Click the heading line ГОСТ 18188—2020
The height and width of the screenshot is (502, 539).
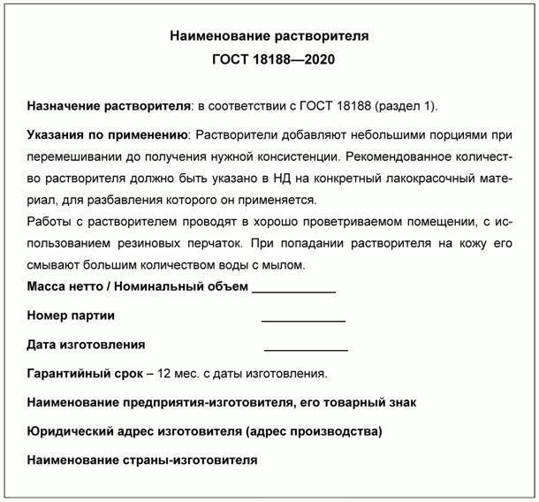[x=269, y=60]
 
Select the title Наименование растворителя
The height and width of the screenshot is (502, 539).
[x=269, y=37]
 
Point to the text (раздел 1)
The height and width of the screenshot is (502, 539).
[x=406, y=106]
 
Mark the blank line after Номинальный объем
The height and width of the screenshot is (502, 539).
[x=293, y=291]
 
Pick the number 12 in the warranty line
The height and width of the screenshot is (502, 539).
[x=163, y=373]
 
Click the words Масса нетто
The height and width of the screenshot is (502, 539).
[x=64, y=286]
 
